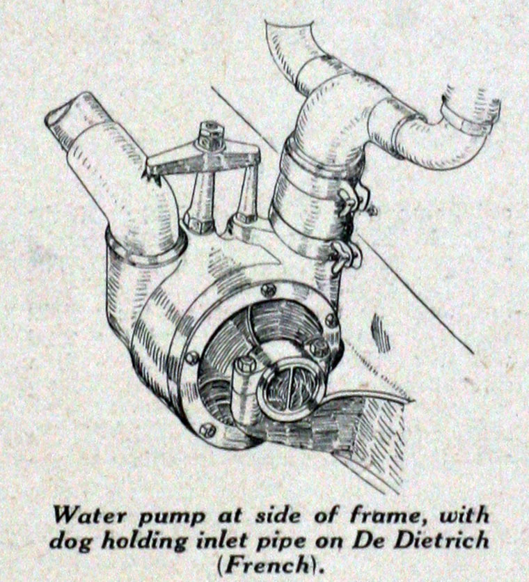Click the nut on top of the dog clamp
click(211, 132)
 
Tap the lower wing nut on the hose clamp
click(346, 254)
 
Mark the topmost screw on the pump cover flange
click(268, 290)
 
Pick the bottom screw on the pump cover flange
click(207, 430)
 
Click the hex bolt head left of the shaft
click(246, 365)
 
